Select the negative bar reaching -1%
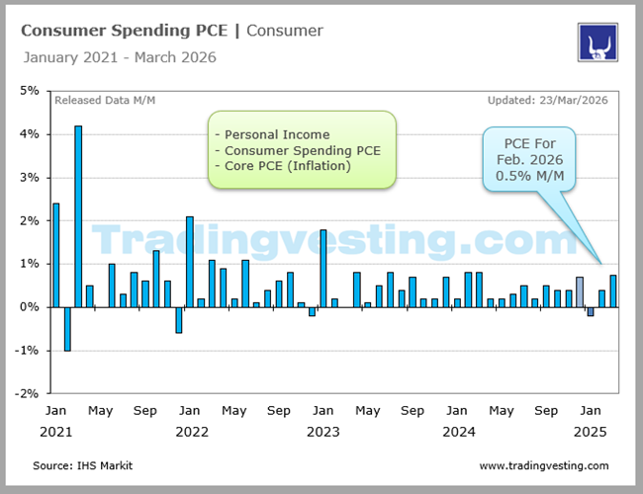click(67, 329)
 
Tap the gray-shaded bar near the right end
click(580, 292)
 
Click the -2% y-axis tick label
click(27, 393)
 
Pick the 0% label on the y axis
click(30, 307)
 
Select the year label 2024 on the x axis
click(458, 432)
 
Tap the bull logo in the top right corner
click(597, 43)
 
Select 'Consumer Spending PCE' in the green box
click(302, 150)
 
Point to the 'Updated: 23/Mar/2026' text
click(548, 100)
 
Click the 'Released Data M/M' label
click(105, 100)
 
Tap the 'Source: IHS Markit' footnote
click(82, 465)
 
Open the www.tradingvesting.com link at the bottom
click(544, 465)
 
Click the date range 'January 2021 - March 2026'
click(119, 57)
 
